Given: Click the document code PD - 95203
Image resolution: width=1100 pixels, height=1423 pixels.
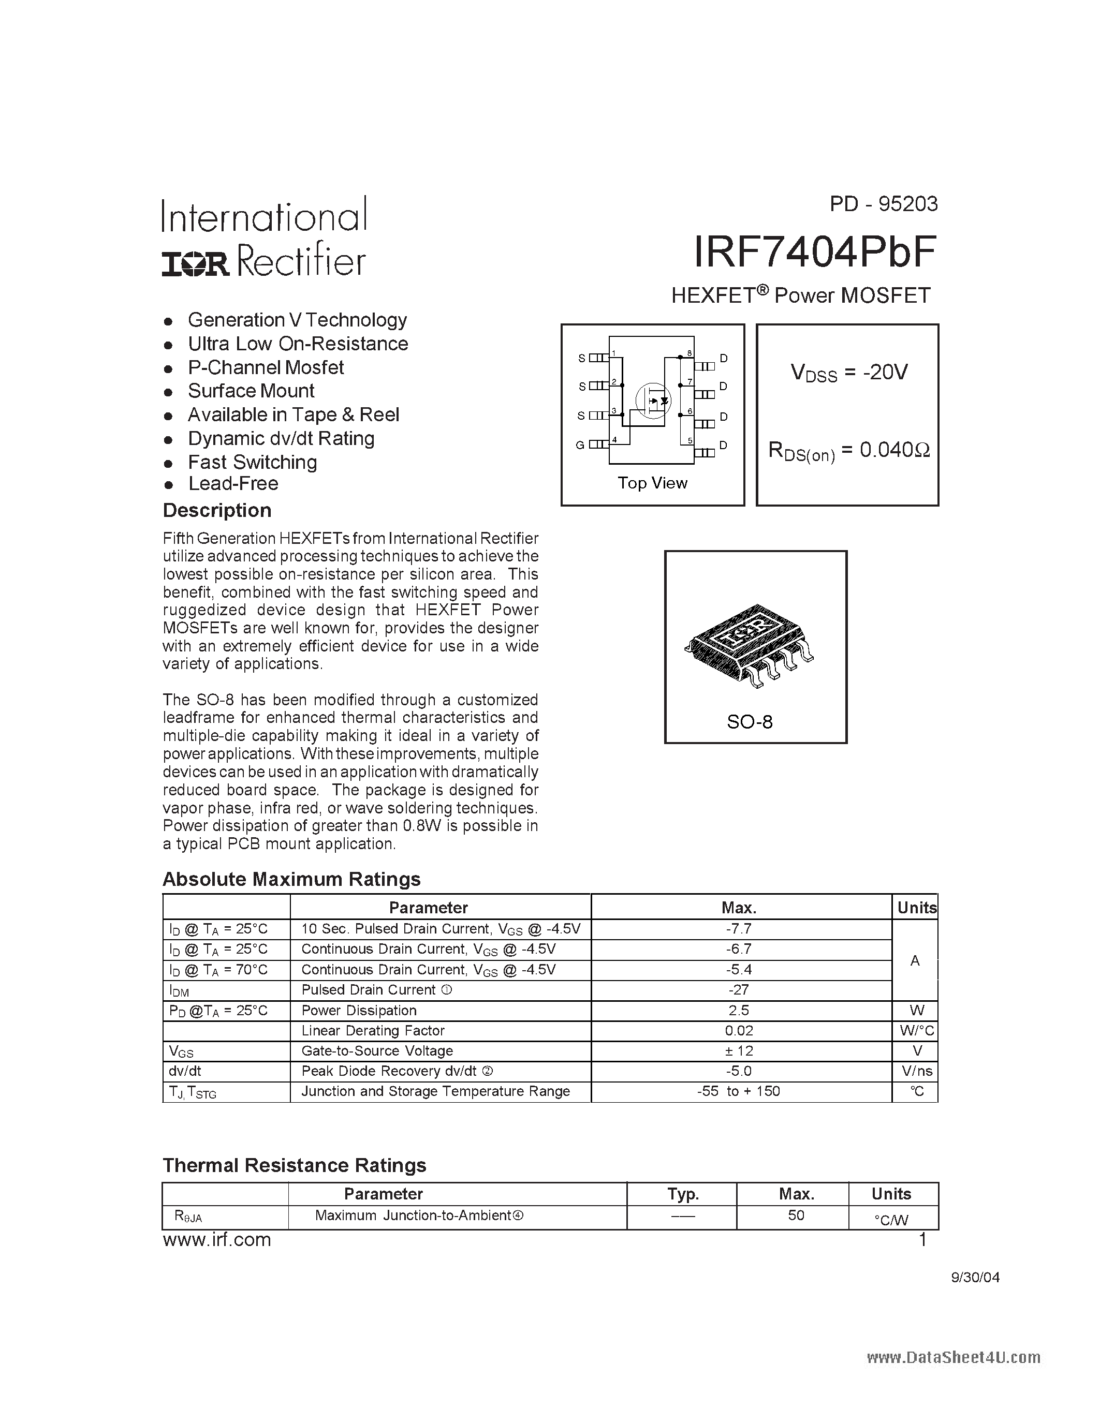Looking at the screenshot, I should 883,204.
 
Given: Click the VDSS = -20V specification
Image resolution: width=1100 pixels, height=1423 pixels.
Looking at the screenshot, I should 848,373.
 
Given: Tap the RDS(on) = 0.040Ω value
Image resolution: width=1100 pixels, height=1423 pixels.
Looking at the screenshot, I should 848,450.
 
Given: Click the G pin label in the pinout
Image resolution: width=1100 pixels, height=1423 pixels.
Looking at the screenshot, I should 579,445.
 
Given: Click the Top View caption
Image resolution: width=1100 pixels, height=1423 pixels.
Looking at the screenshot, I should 652,483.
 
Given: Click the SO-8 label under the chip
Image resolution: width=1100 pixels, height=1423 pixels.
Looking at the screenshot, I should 750,722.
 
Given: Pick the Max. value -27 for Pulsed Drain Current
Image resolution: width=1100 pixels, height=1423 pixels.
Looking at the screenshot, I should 739,990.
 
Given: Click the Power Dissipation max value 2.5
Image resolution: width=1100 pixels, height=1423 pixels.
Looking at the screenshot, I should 739,1010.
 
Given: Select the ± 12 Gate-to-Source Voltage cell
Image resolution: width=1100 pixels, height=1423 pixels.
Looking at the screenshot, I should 739,1050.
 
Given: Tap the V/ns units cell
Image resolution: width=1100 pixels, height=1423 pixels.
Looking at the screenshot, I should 916,1071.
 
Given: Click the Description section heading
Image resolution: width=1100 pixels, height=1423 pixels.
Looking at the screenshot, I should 216,510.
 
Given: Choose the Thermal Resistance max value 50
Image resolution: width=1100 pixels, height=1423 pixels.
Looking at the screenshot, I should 796,1215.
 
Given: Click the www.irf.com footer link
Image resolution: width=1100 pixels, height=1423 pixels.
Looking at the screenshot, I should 216,1240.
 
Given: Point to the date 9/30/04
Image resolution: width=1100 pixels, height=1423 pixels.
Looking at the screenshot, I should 975,1277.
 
